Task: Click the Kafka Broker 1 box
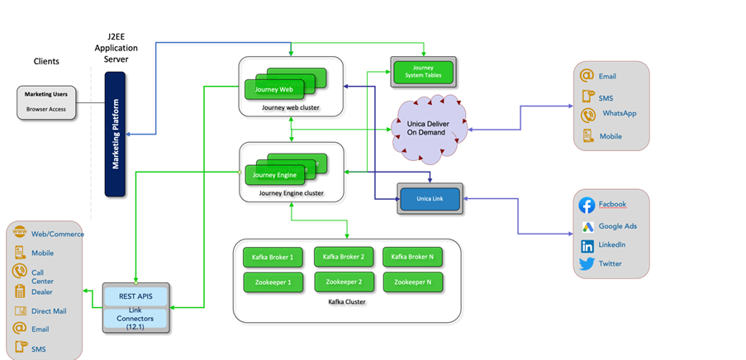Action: click(273, 258)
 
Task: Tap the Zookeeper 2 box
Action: click(344, 282)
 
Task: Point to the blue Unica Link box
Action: click(430, 199)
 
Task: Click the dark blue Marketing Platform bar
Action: click(115, 134)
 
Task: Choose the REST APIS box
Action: click(134, 296)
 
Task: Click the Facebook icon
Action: click(587, 205)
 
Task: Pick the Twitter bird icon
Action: click(587, 264)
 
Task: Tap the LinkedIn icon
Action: click(587, 245)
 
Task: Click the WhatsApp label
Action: click(619, 113)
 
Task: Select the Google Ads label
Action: click(617, 225)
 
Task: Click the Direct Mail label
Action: click(49, 311)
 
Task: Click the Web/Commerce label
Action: click(58, 234)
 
